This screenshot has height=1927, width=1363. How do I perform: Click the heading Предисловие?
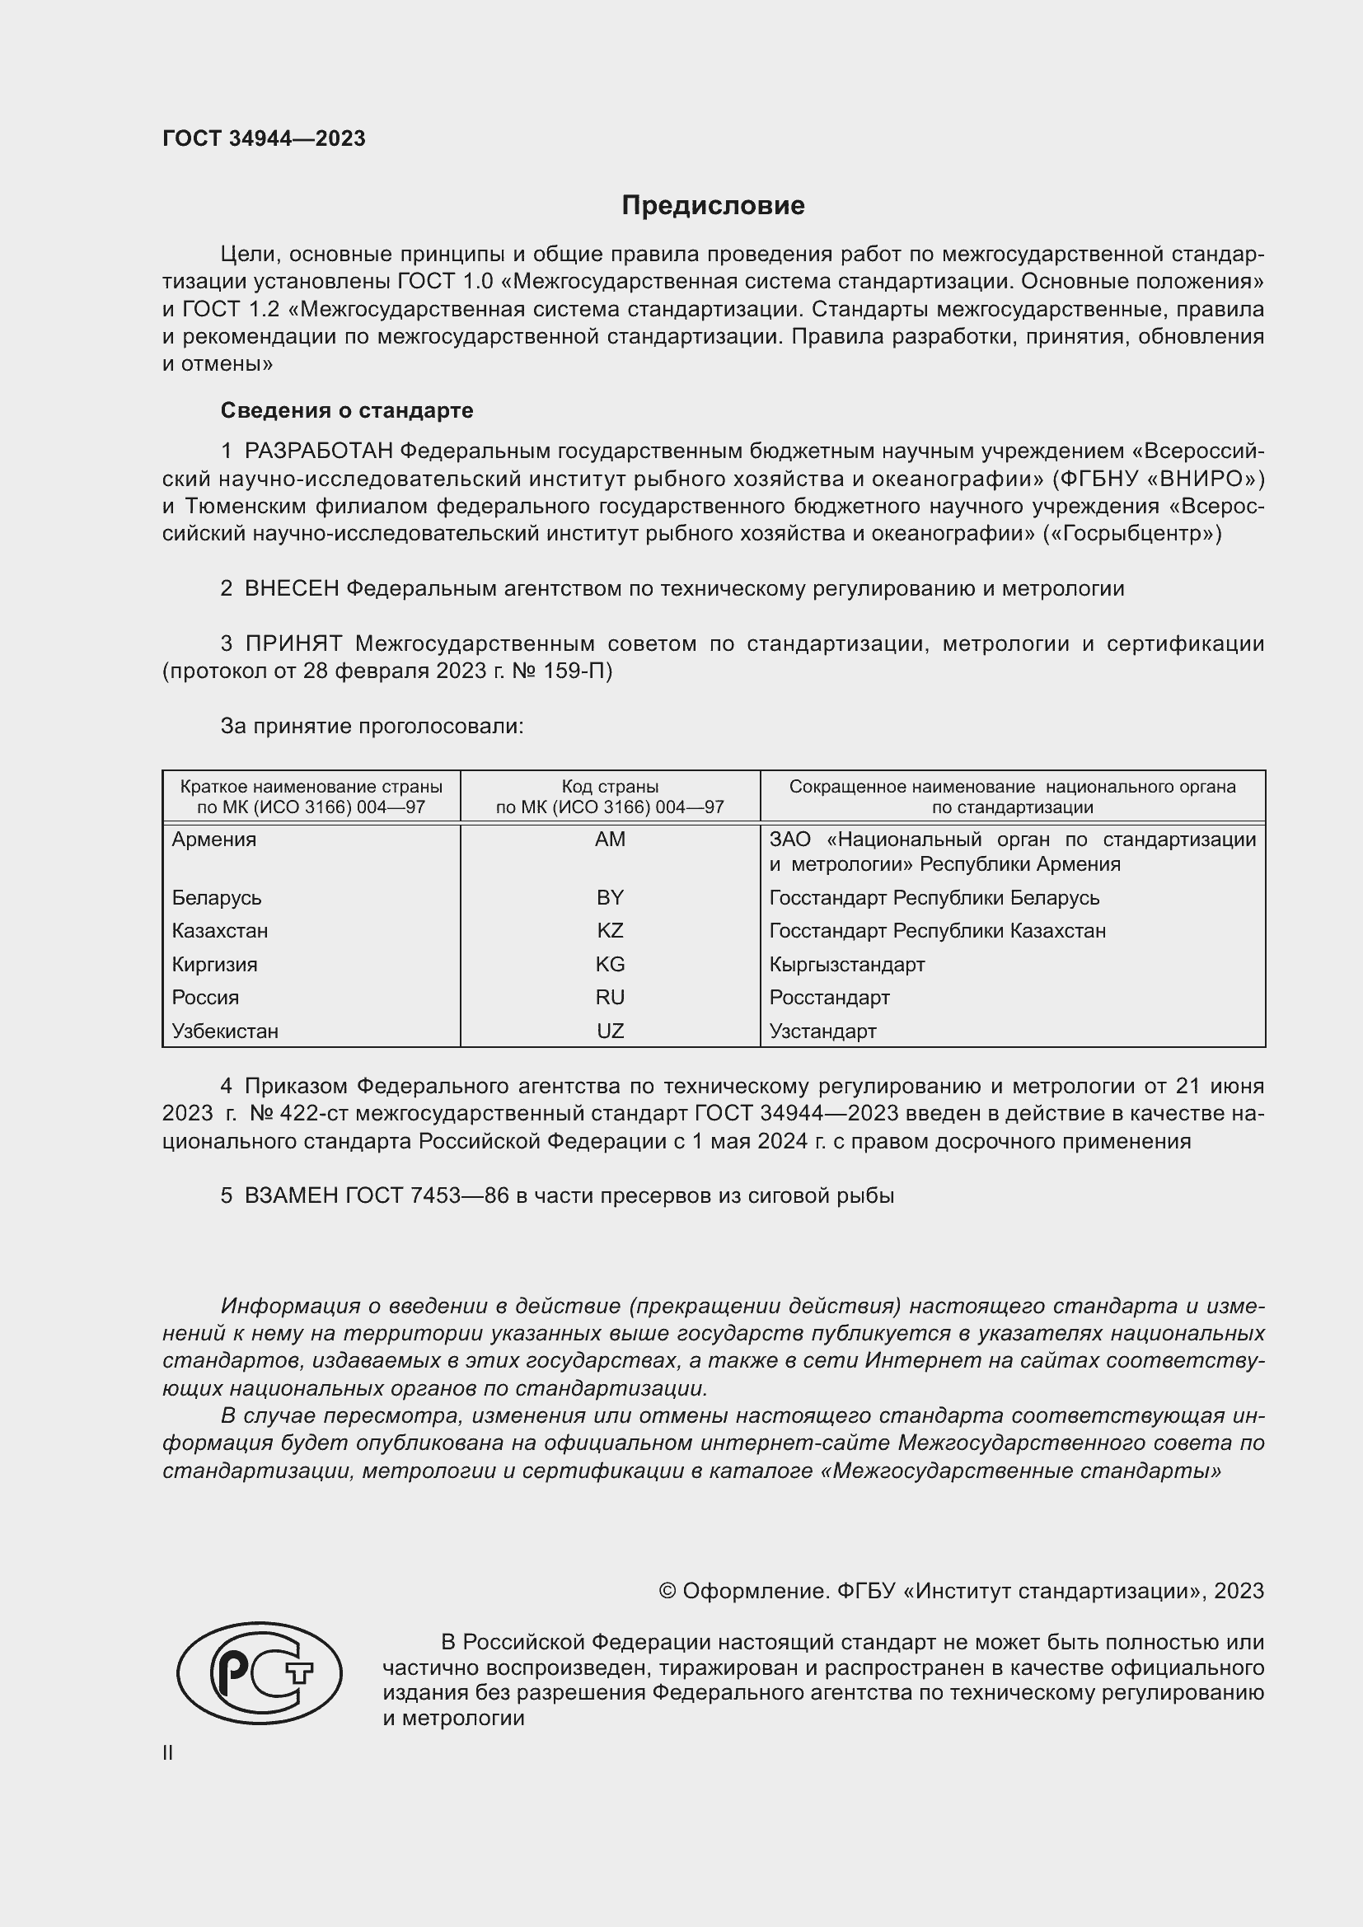point(713,206)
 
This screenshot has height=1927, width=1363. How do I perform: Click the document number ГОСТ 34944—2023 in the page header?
point(264,138)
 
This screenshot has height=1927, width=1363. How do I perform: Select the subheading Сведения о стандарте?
point(347,410)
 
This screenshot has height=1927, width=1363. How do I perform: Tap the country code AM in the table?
point(610,840)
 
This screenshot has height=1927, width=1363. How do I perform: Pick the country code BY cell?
point(610,897)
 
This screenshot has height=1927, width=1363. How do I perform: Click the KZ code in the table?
point(610,931)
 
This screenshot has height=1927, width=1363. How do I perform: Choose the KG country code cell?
point(610,965)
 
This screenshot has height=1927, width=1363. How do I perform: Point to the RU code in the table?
point(610,997)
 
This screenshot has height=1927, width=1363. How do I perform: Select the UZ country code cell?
point(610,1031)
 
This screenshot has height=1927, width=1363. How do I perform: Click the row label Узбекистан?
point(225,1031)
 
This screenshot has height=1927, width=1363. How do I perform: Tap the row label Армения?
point(214,840)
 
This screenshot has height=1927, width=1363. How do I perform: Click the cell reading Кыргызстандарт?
point(847,965)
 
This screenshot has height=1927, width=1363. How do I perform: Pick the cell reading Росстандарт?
point(829,997)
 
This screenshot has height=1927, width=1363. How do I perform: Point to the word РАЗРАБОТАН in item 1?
point(319,451)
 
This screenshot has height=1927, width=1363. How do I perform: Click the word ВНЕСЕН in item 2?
point(291,589)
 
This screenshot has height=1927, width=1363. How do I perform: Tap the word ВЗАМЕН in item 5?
point(291,1196)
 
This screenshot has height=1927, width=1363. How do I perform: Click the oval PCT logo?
point(260,1672)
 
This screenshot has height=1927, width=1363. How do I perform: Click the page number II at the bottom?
point(168,1752)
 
